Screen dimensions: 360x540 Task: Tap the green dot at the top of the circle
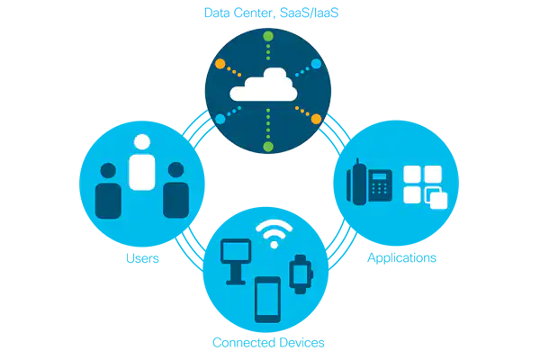267,36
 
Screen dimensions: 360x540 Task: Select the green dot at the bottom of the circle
267,146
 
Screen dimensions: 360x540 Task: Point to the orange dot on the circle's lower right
315,118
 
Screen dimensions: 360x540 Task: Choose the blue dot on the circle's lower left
220,118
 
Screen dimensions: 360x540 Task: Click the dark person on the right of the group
175,193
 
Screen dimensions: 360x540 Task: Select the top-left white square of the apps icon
412,175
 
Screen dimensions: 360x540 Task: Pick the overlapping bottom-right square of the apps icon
437,200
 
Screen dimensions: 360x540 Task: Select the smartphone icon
268,299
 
